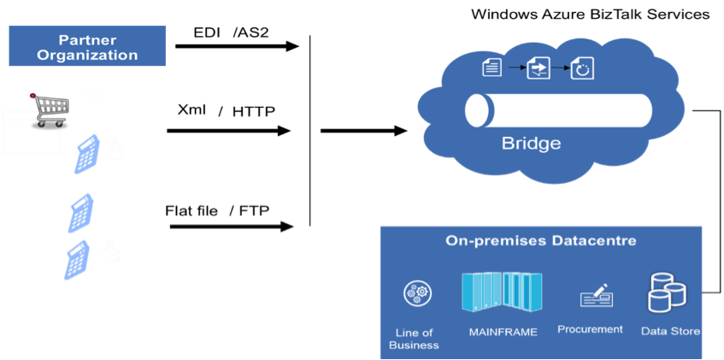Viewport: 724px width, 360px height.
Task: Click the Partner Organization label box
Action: point(87,47)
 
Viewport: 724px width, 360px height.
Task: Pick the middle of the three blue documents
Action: point(81,213)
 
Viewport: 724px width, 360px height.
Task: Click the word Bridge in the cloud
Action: point(531,143)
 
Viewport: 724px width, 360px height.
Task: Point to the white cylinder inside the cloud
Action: point(558,110)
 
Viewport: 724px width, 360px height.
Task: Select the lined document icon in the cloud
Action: point(491,67)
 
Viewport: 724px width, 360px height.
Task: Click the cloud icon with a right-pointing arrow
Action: point(539,68)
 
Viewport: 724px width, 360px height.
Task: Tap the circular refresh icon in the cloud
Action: point(582,68)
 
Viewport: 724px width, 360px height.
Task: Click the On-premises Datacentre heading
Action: point(541,241)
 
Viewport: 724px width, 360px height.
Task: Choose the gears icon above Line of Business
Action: point(416,293)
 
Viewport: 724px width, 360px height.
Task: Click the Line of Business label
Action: point(414,339)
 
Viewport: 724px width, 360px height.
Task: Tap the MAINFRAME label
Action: point(503,332)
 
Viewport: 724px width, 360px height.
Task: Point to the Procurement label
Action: point(590,329)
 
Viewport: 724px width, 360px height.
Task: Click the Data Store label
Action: point(670,331)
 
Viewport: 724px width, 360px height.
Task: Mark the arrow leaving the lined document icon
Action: point(515,67)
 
